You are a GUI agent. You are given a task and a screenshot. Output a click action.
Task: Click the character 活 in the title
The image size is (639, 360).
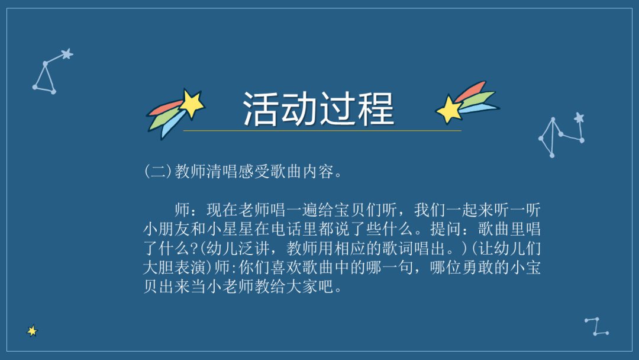(x=261, y=108)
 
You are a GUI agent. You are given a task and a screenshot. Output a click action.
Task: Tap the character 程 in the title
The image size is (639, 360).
(x=376, y=108)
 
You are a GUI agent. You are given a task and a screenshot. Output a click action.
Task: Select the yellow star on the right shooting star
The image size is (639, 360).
(x=449, y=109)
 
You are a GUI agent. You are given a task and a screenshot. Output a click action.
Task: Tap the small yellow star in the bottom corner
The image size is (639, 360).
(x=32, y=331)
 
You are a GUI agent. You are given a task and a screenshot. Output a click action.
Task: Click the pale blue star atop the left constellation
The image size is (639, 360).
(x=67, y=54)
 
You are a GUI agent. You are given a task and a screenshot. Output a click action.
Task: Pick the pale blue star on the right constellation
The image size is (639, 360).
(x=579, y=118)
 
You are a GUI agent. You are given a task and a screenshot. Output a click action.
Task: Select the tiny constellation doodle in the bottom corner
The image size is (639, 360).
(x=596, y=326)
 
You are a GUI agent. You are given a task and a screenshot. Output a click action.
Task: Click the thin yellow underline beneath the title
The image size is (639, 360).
(x=322, y=130)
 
